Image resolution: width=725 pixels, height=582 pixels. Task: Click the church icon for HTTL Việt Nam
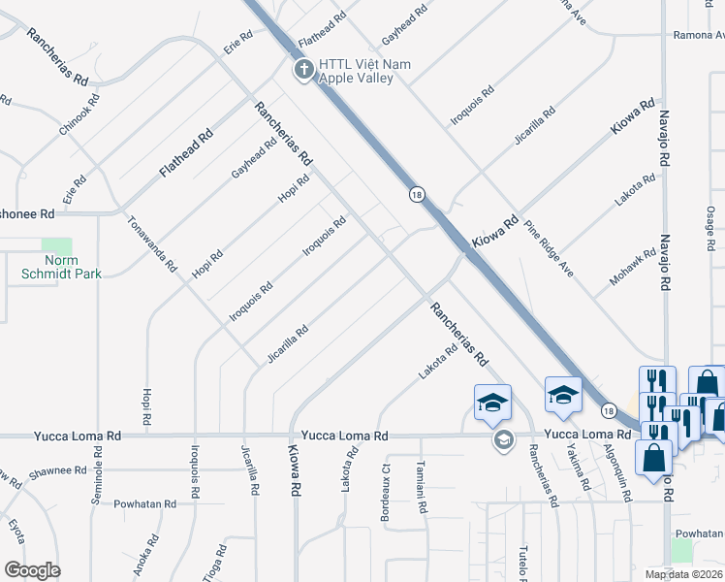[303, 70]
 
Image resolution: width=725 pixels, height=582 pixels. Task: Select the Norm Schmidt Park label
[61, 267]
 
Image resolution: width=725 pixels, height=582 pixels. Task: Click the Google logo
[33, 569]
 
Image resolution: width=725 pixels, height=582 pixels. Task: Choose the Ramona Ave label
[700, 36]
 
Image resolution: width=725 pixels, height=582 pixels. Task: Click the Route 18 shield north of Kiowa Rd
[416, 194]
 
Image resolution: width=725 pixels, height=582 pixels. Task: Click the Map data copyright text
[683, 574]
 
